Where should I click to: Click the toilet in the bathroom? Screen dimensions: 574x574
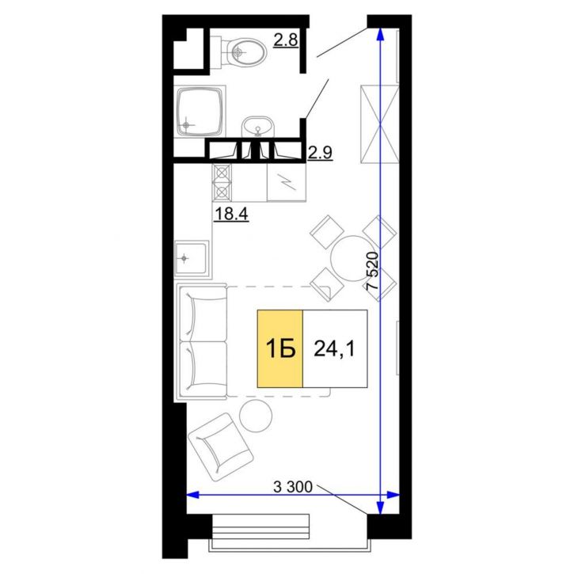(242, 52)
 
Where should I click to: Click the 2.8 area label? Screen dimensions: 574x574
(286, 40)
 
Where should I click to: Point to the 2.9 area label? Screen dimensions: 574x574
(320, 152)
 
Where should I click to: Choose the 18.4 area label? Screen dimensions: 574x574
(231, 214)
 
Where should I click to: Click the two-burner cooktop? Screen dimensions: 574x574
(222, 182)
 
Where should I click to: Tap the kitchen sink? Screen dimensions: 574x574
(192, 258)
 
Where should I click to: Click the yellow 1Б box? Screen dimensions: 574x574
(280, 348)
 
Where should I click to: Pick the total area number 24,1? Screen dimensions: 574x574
(334, 349)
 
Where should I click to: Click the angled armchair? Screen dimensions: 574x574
(220, 447)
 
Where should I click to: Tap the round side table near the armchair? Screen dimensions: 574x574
(256, 416)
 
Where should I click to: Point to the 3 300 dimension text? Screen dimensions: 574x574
(293, 487)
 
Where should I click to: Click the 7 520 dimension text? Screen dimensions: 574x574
(372, 272)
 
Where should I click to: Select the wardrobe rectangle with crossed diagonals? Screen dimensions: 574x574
(380, 124)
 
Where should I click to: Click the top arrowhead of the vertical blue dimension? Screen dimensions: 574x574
(380, 34)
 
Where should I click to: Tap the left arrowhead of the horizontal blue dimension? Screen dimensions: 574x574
(193, 496)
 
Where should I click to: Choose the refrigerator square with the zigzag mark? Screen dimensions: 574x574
(287, 182)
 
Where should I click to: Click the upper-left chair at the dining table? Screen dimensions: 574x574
(327, 232)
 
